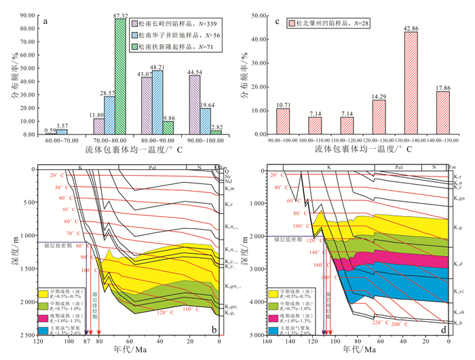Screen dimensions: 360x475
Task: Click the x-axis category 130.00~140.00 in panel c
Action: pos(411,143)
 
